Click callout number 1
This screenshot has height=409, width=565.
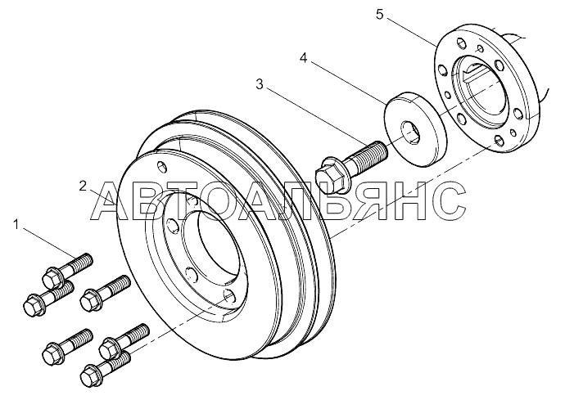[x=16, y=225]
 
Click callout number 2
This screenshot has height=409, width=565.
[x=83, y=187]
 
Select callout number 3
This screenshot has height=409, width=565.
[x=260, y=84]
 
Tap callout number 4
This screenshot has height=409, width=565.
[x=304, y=57]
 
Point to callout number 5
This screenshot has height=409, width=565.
[x=380, y=15]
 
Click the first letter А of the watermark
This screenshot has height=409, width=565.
[x=110, y=201]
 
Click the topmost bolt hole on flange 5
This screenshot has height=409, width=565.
[x=461, y=43]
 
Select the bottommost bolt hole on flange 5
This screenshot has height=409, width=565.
[x=499, y=141]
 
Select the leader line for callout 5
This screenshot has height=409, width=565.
[x=410, y=33]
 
